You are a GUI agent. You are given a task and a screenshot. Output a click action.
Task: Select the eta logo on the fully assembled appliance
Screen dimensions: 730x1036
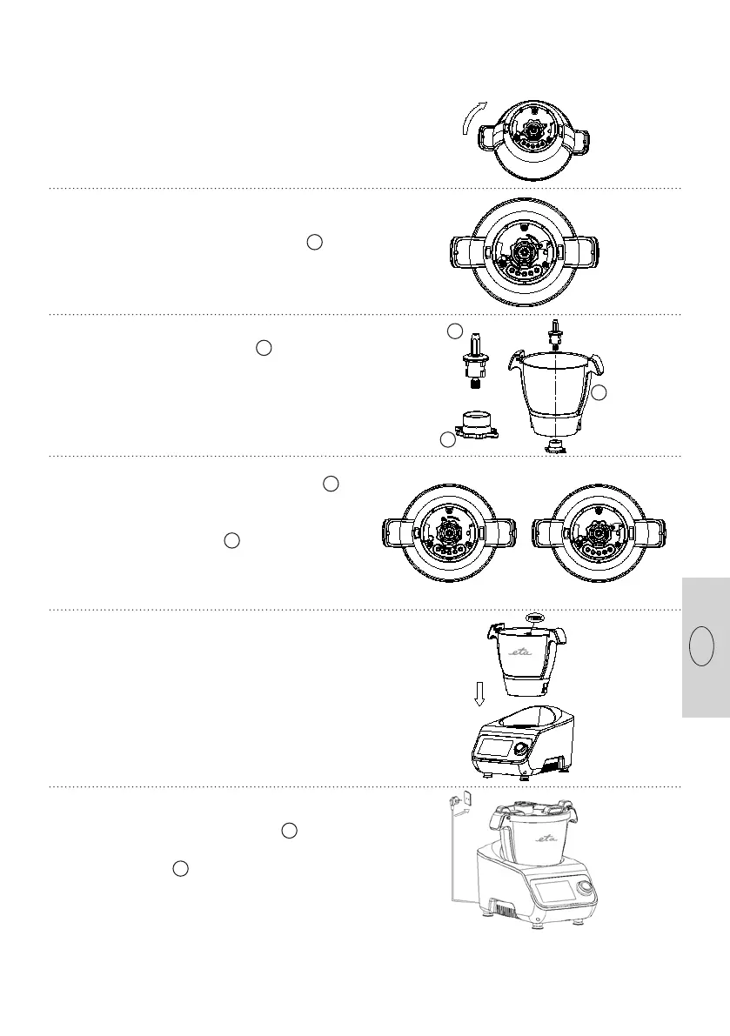[x=542, y=839]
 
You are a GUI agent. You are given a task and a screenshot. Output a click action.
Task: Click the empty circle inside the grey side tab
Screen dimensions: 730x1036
[x=701, y=647]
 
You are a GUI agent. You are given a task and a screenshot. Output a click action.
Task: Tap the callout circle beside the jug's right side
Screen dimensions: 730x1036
[x=599, y=393]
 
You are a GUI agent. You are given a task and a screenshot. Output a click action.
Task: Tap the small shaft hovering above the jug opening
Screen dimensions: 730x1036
[x=553, y=332]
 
